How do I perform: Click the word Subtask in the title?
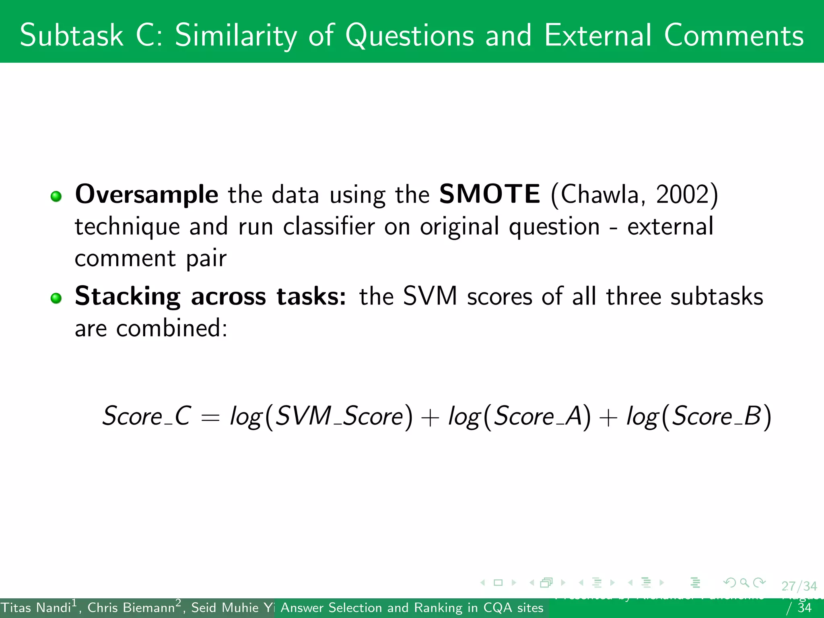(x=71, y=35)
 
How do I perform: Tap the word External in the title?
(x=598, y=35)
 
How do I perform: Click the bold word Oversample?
(x=146, y=195)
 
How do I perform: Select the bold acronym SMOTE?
(x=490, y=194)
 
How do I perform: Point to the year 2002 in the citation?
(x=682, y=195)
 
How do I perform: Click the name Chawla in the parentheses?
(x=600, y=195)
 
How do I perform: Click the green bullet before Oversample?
(x=56, y=196)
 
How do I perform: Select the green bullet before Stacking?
(x=56, y=298)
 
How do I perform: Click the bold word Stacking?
(x=128, y=297)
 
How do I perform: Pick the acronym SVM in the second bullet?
(x=430, y=296)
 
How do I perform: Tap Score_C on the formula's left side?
(x=146, y=416)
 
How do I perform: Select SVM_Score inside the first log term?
(x=339, y=416)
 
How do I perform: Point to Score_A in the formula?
(x=538, y=416)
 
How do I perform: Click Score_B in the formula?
(x=716, y=416)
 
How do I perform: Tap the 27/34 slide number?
(x=799, y=586)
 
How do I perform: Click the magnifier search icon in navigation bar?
(x=744, y=582)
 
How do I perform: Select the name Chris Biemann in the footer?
(x=131, y=608)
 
